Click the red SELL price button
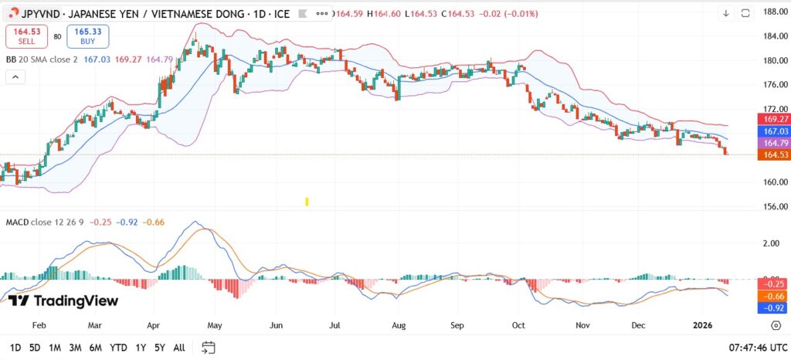tap(28, 36)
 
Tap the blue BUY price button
tap(88, 36)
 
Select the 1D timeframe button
tap(15, 348)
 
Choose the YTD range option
tap(118, 348)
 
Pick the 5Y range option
tap(159, 348)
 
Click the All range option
tap(178, 348)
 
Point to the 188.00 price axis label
tap(774, 12)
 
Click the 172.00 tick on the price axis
tap(774, 109)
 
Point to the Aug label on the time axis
tap(399, 326)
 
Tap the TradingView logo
tap(63, 301)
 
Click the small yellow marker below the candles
tap(307, 202)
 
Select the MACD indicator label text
tap(17, 222)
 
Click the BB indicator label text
tap(11, 59)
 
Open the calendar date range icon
tap(208, 348)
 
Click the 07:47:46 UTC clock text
tap(757, 348)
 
